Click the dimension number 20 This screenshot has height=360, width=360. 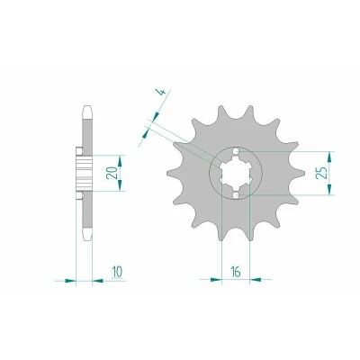click(112, 172)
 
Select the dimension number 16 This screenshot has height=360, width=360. click(236, 272)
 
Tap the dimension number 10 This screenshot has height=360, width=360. click(117, 272)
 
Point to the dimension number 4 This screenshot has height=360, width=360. click(161, 93)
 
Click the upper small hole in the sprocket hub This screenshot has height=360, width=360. click(236, 151)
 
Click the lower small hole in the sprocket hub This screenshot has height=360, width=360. click(236, 195)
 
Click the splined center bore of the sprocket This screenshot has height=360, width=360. click(236, 174)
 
